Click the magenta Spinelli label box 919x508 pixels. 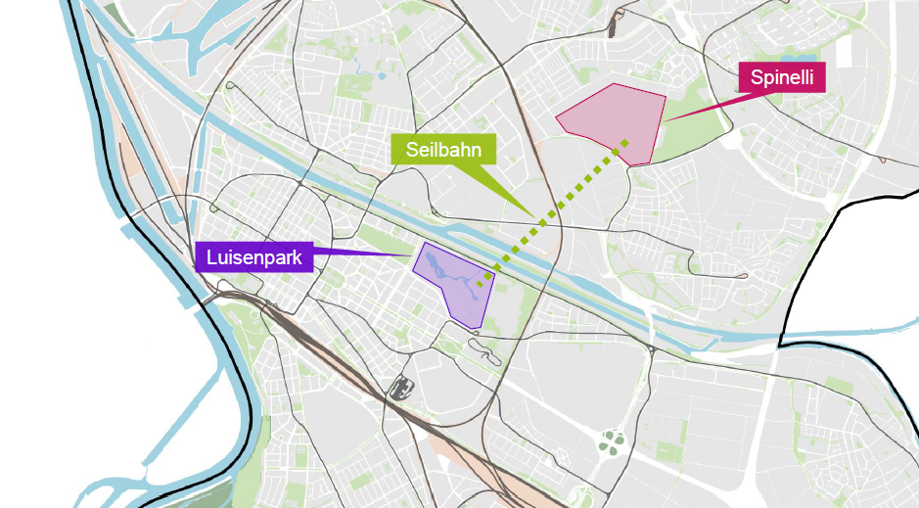(782, 77)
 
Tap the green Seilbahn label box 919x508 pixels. (443, 150)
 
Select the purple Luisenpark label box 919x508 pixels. (253, 256)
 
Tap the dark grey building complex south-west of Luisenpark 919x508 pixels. (398, 388)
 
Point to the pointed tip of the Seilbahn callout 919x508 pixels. (532, 216)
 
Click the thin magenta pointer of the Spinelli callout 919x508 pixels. (700, 109)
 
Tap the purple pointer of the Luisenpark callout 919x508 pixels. (362, 254)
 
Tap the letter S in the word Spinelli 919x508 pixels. (756, 77)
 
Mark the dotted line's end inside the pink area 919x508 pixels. (625, 143)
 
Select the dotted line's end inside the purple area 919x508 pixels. (480, 284)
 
